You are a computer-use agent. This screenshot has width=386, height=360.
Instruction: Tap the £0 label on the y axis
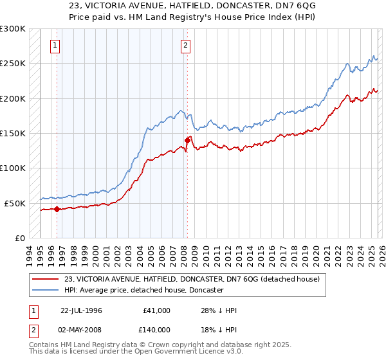coord(19,238)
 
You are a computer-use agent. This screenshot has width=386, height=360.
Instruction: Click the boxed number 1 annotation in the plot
coord(55,46)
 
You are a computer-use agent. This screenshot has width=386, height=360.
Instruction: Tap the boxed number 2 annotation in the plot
coord(185,46)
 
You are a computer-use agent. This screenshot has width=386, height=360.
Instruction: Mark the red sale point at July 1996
coord(57,209)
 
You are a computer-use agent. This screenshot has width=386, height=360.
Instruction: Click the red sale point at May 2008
coord(187,139)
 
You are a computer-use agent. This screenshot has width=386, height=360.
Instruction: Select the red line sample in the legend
coord(46,279)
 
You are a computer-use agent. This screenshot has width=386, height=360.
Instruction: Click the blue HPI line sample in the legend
coord(46,290)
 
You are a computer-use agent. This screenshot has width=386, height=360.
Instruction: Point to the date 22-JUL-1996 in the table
coord(81,310)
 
